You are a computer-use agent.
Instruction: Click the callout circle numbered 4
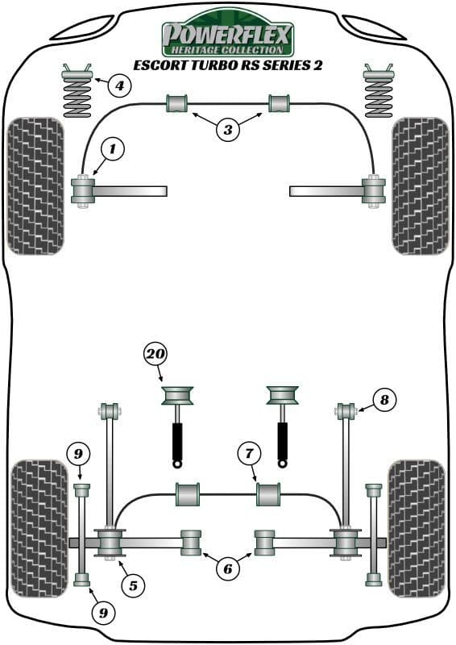(119, 86)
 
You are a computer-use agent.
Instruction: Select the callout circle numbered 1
(112, 149)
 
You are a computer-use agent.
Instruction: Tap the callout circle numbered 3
(228, 130)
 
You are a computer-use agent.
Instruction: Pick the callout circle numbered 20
(155, 354)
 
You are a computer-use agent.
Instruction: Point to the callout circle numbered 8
(384, 399)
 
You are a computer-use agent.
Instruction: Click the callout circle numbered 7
(249, 453)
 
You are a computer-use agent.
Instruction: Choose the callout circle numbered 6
(228, 569)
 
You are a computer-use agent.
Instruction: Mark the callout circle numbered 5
(133, 585)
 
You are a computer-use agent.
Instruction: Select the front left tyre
(35, 186)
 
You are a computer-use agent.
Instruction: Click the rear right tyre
(417, 529)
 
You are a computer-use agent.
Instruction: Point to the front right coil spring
(379, 91)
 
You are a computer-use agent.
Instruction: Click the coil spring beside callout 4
(77, 91)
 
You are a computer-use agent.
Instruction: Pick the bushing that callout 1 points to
(83, 190)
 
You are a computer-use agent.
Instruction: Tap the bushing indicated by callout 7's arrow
(268, 494)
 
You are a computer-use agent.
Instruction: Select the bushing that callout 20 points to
(176, 395)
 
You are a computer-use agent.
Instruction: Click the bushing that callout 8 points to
(346, 411)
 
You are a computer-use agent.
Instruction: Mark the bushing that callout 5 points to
(110, 543)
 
